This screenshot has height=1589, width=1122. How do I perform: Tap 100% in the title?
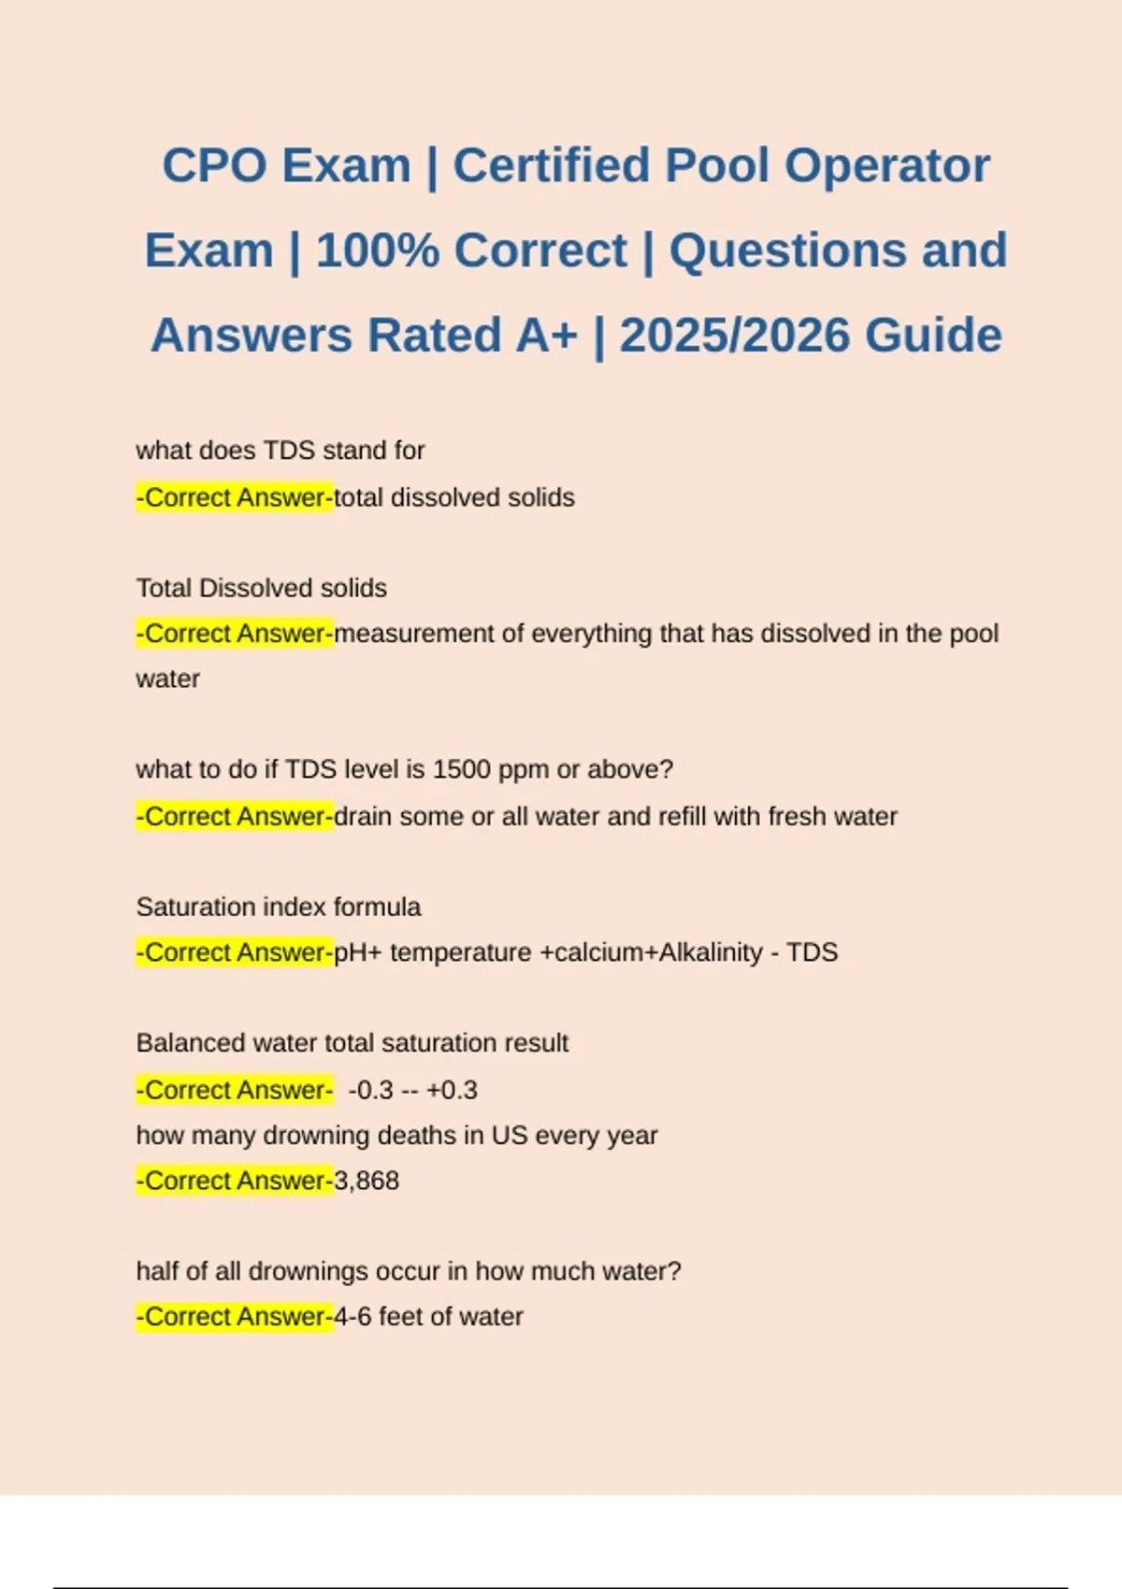pyautogui.click(x=378, y=251)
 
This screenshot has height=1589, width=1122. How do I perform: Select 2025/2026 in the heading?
pyautogui.click(x=733, y=336)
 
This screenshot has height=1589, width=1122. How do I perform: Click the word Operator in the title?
pyautogui.click(x=886, y=165)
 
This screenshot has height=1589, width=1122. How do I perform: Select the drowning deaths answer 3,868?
pyautogui.click(x=367, y=1181)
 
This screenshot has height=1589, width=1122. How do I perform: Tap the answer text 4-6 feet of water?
pyautogui.click(x=428, y=1316)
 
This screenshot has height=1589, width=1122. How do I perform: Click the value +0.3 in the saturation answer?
pyautogui.click(x=452, y=1090)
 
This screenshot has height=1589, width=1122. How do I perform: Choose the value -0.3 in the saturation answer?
pyautogui.click(x=370, y=1090)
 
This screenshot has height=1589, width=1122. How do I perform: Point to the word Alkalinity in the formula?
pyautogui.click(x=712, y=952)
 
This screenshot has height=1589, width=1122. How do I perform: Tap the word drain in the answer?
pyautogui.click(x=363, y=816)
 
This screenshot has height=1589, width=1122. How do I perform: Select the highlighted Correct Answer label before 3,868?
pyautogui.click(x=235, y=1181)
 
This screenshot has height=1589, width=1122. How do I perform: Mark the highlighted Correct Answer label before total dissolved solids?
pyautogui.click(x=235, y=497)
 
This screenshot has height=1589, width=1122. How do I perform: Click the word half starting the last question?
pyautogui.click(x=155, y=1271)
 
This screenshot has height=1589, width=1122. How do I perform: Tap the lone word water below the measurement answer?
pyautogui.click(x=167, y=679)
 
